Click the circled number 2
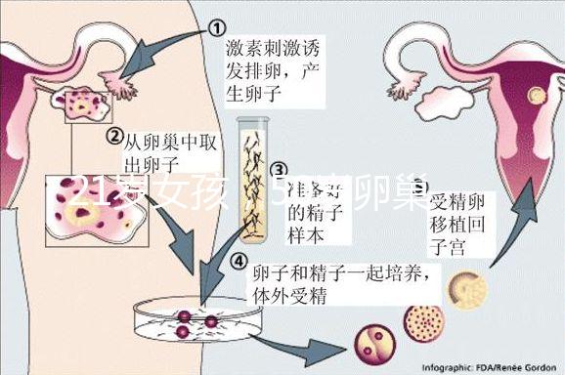pyautogui.click(x=114, y=135)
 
